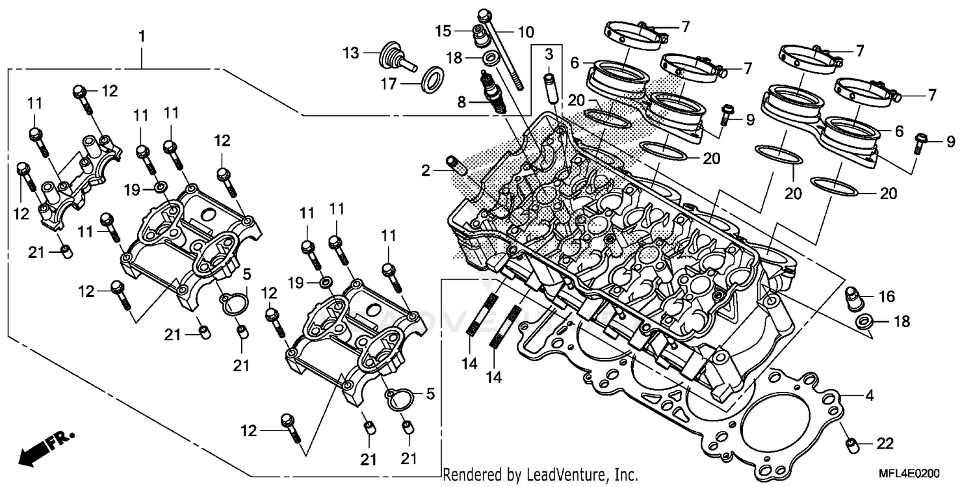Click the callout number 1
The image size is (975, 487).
[142, 36]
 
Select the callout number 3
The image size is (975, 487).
[549, 53]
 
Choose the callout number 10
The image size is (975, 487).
[525, 31]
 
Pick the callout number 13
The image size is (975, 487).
[351, 53]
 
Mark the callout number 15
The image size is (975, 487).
[443, 31]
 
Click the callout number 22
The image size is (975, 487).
[885, 444]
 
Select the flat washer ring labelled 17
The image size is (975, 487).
[432, 80]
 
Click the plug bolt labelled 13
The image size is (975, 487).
[394, 57]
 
